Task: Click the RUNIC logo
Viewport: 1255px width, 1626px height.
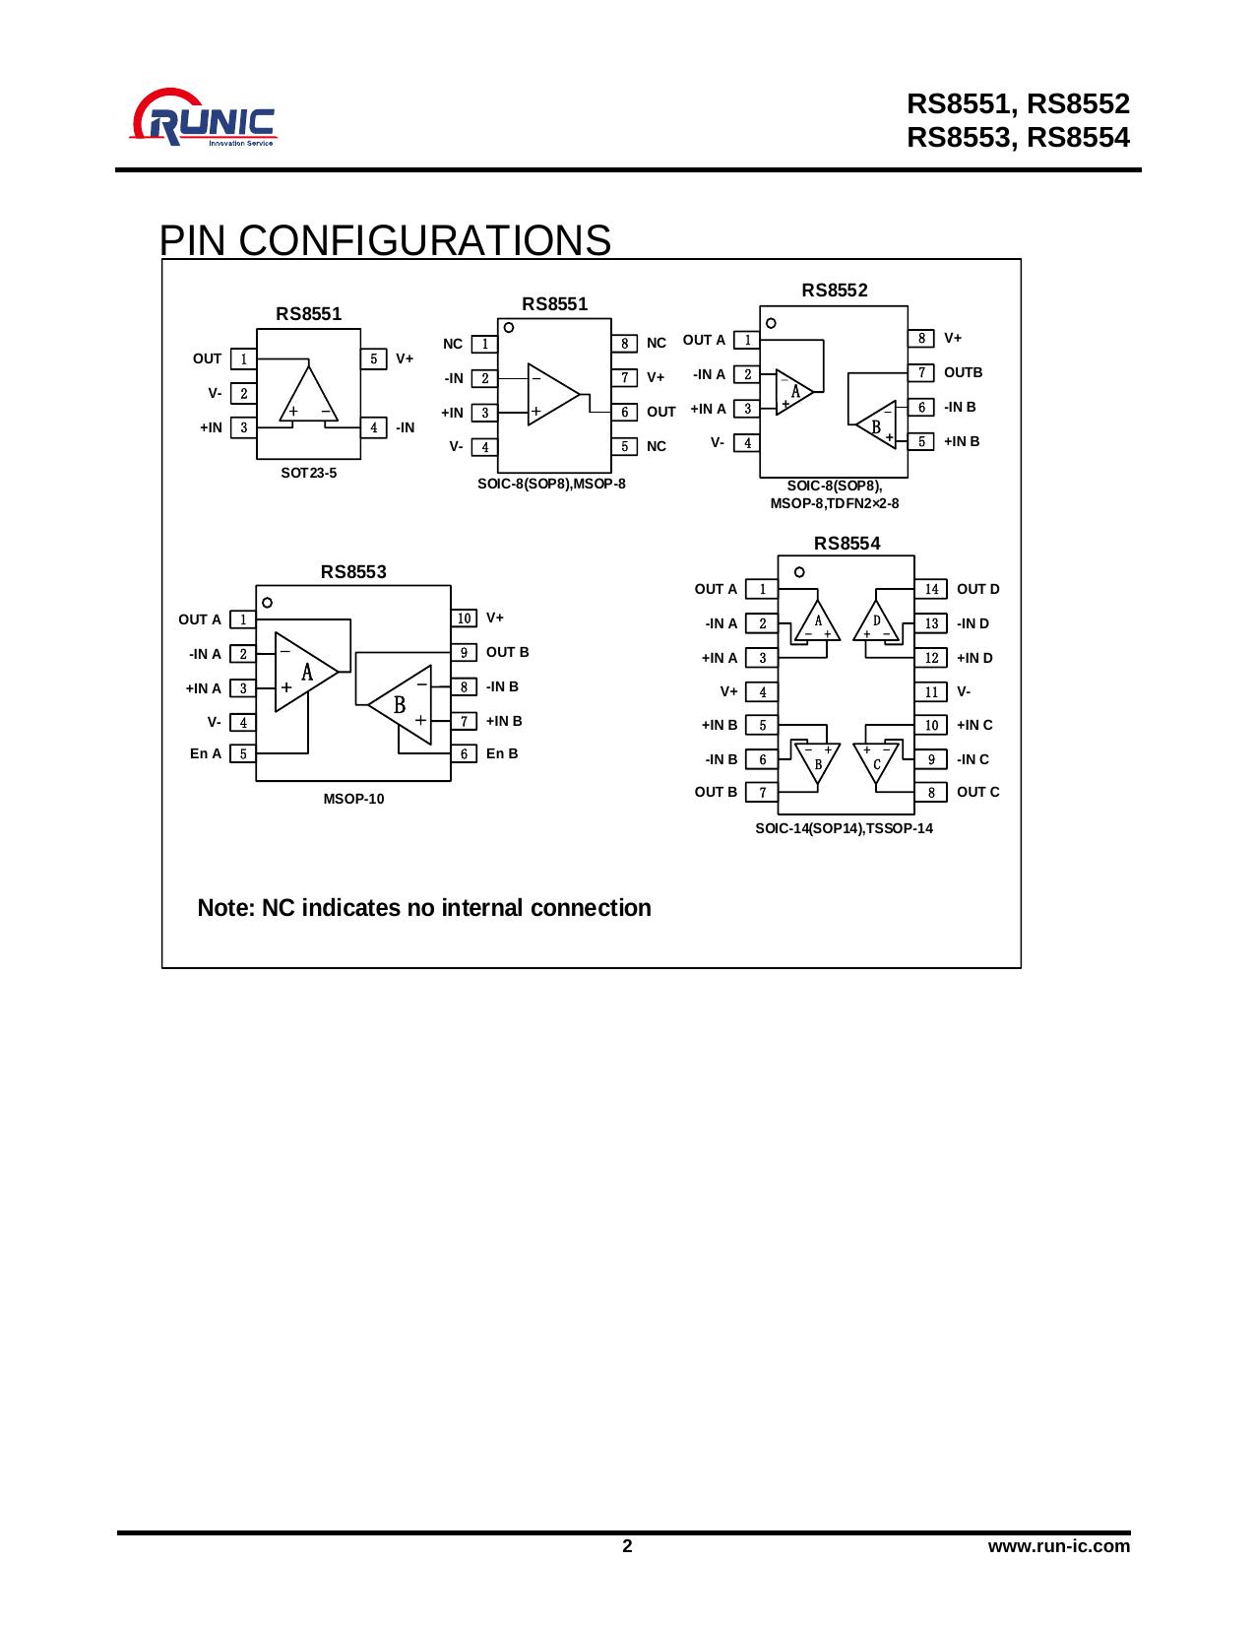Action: pos(205,120)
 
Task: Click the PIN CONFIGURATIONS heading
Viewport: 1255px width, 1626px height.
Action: pos(385,240)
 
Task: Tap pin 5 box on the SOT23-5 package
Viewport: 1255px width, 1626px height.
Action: pos(373,358)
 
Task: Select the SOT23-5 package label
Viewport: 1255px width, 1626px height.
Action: pos(308,473)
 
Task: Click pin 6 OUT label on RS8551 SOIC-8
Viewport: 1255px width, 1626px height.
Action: pos(661,412)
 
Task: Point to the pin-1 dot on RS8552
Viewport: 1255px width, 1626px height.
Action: pos(771,322)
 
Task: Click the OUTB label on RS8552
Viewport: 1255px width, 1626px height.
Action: pos(963,372)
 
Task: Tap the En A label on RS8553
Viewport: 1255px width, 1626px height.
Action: pos(206,753)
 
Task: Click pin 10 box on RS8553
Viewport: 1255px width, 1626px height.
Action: pos(465,618)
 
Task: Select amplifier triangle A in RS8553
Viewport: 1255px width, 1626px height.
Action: pos(303,672)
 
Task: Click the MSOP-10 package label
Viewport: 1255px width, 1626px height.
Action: pos(353,799)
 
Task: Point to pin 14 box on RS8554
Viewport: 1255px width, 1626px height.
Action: pos(931,589)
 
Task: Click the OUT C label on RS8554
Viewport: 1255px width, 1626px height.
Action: pos(977,792)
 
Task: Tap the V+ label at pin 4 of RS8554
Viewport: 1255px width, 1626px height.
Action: pos(728,691)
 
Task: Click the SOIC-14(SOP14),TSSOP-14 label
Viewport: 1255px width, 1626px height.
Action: pos(844,828)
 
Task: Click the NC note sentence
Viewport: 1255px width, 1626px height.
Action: pos(424,907)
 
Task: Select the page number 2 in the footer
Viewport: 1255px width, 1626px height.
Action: pos(627,1545)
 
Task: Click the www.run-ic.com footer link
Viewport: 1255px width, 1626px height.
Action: pos(1058,1545)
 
